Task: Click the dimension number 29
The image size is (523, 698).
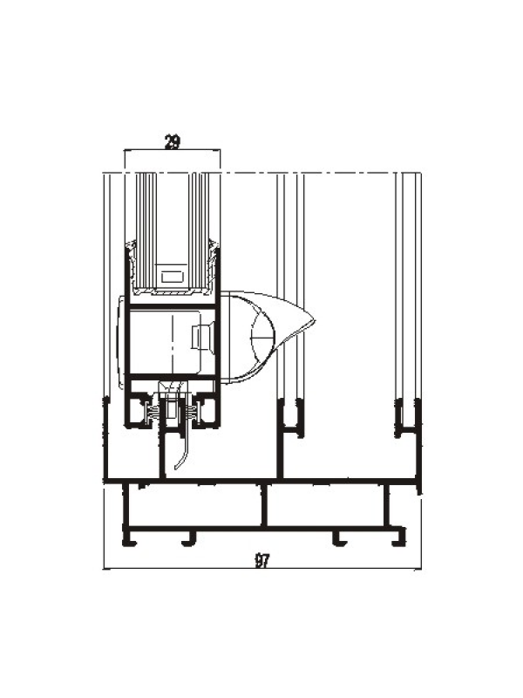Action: (x=173, y=142)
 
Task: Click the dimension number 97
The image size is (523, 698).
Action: (x=262, y=560)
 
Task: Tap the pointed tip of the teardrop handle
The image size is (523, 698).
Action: (x=315, y=319)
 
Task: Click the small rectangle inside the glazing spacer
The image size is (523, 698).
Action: (x=172, y=277)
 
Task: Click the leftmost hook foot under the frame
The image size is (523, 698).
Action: (x=130, y=538)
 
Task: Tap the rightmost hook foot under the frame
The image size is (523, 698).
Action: (x=399, y=538)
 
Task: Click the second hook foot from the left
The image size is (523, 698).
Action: (x=189, y=538)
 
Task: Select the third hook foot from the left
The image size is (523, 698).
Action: (x=340, y=538)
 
